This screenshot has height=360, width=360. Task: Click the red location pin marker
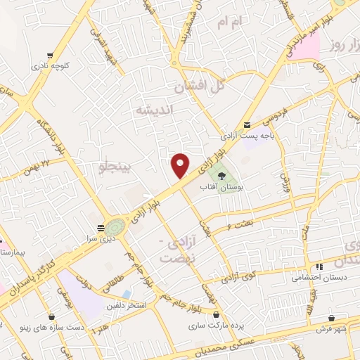point(181,165)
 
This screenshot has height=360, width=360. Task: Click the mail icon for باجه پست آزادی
point(246,124)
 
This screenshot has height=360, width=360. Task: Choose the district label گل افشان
point(200,87)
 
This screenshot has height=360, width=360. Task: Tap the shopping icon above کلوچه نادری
point(49,55)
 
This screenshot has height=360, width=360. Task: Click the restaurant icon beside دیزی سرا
point(101,227)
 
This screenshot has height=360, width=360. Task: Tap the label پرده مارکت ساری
point(214,327)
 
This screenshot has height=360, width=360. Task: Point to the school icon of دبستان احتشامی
point(319,266)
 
